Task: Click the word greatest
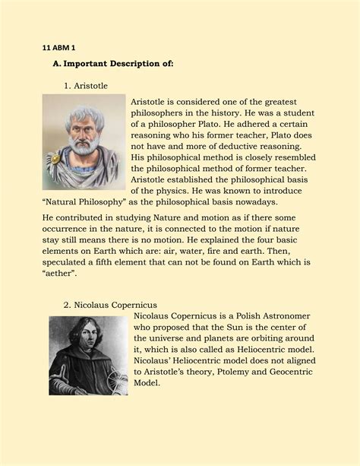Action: click(x=270, y=102)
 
